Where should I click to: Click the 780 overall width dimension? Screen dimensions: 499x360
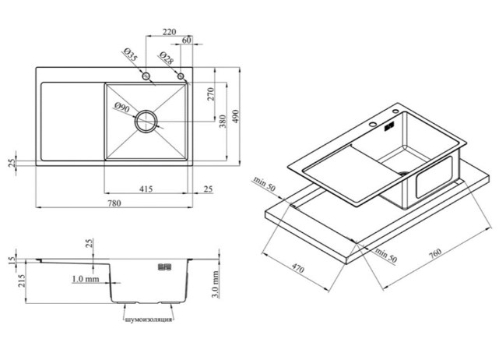point(114,203)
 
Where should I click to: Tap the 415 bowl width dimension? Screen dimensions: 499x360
point(146,189)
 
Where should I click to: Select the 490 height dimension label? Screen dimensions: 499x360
point(235,117)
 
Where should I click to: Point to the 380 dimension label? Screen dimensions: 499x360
point(223,122)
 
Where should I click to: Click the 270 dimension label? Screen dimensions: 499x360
point(211,94)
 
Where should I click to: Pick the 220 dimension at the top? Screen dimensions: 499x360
point(169,32)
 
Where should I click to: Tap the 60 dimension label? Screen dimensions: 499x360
point(187,41)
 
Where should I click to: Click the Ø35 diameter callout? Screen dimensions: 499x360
point(131,55)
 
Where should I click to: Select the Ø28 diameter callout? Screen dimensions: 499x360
point(166,58)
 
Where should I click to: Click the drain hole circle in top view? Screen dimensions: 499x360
point(146,121)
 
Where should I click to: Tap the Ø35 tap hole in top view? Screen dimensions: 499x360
point(146,76)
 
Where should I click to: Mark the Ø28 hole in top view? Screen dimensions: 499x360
point(181,76)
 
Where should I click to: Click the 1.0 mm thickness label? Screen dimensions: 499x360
point(86,279)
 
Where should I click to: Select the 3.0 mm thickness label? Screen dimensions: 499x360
point(216,284)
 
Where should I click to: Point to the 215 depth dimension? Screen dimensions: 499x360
point(22,281)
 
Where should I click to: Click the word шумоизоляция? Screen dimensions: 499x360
point(149,319)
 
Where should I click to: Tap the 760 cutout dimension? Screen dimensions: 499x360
point(435,253)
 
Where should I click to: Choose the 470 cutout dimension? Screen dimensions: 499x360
point(298,268)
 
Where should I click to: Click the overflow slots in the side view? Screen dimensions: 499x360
point(165,266)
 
